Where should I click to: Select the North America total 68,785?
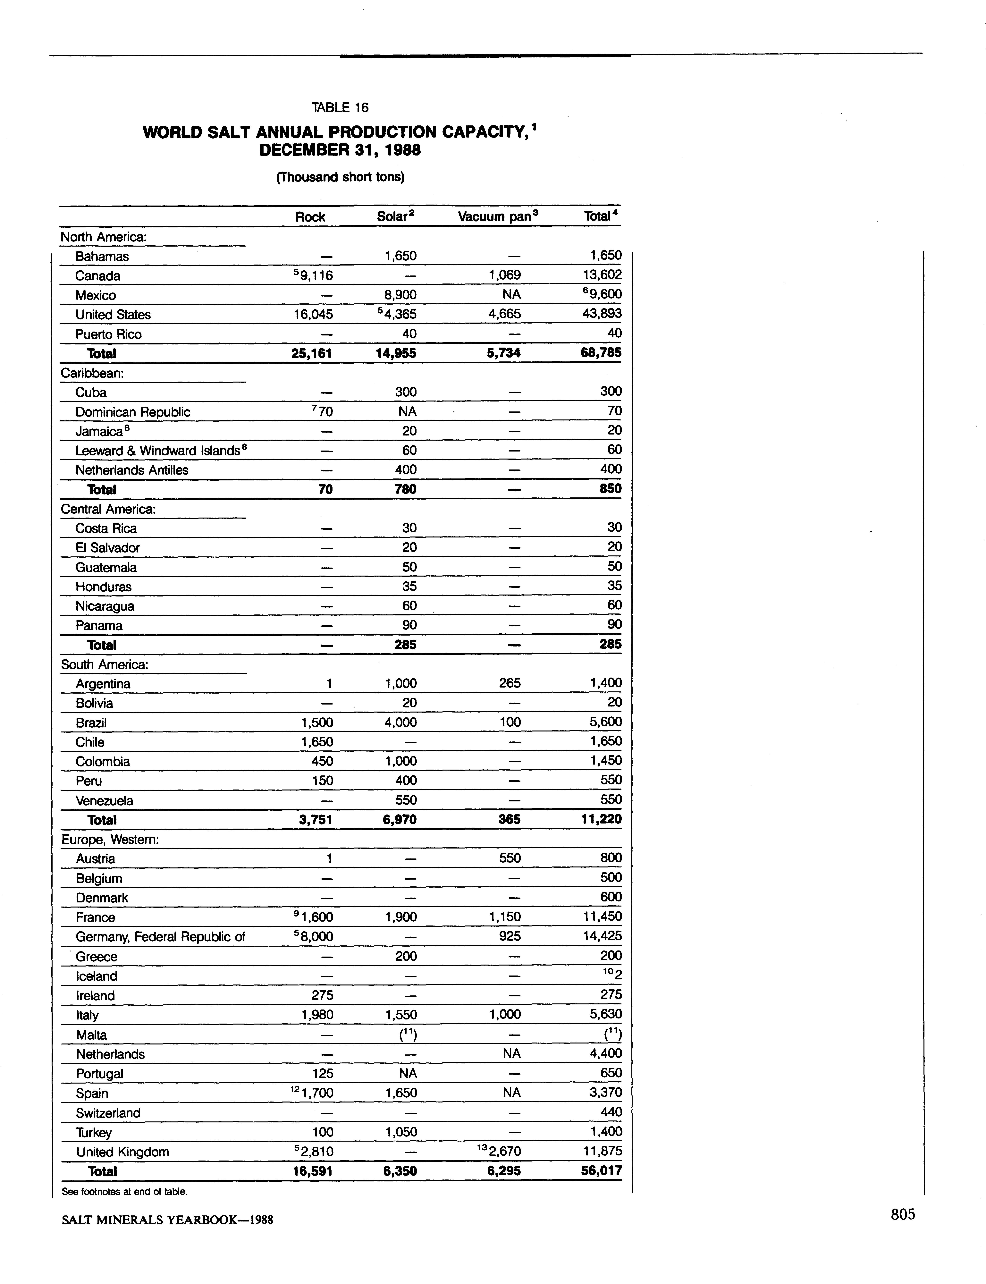(600, 353)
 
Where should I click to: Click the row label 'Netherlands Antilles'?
(132, 470)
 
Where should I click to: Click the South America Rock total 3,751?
(316, 820)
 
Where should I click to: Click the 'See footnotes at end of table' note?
(124, 1192)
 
